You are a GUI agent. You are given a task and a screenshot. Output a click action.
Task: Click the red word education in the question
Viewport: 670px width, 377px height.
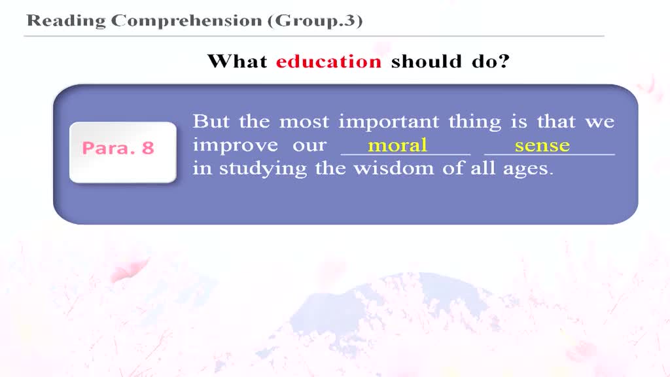pos(328,62)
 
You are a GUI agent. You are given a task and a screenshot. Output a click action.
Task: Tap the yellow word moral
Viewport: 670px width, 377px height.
pos(397,145)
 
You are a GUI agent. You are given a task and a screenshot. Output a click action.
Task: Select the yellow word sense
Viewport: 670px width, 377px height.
pos(542,146)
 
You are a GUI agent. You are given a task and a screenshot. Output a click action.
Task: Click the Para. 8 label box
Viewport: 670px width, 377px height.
pos(123,153)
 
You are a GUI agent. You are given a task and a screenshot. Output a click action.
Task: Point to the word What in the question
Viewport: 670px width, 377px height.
pos(237,62)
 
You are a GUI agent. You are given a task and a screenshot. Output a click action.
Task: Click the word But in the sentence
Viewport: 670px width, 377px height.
pos(211,121)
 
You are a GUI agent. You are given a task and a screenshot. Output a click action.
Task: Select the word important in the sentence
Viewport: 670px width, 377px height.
pos(389,122)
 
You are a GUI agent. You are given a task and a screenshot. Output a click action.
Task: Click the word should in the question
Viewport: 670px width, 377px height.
pos(427,62)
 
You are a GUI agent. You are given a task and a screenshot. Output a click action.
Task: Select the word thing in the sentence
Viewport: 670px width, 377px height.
pos(475,122)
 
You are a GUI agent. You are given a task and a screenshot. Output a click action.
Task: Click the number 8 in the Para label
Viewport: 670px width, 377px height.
pos(148,149)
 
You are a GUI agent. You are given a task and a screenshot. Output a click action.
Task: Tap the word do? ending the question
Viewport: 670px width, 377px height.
pos(491,62)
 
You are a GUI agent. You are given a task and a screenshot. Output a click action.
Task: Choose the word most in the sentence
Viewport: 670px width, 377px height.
pos(304,122)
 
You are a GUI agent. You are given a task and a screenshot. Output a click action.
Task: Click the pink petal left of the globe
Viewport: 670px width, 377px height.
pos(129,270)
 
